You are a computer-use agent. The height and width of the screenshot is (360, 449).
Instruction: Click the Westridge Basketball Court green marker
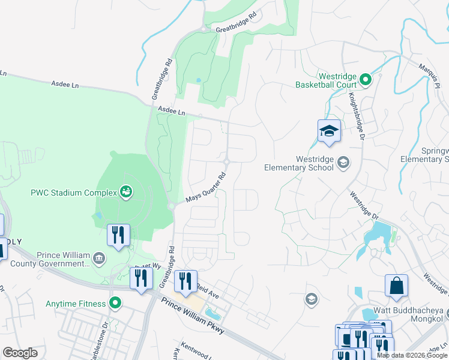pos(364,79)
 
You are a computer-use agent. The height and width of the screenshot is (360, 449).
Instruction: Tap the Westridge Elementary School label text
pos(299,163)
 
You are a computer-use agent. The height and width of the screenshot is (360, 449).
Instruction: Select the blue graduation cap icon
pos(329,131)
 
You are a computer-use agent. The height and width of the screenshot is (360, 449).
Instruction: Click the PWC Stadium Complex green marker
pos(125,192)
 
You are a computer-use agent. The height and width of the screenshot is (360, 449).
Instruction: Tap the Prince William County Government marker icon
pos(99,259)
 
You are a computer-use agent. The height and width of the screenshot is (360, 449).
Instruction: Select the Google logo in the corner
pos(20,353)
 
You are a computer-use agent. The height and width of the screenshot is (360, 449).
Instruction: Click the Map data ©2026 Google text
pos(411,356)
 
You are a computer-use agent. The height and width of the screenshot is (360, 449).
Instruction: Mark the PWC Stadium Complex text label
pos(73,193)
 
